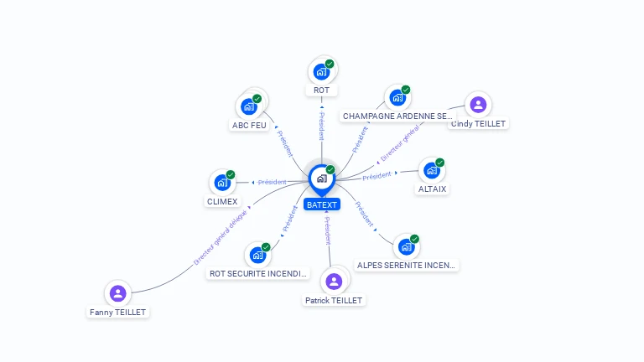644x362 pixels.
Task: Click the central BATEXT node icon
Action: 321,178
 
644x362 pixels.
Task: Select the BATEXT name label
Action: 322,204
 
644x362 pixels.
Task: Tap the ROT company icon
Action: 321,72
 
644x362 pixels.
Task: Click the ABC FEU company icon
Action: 248,106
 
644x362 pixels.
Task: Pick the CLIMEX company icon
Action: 222,183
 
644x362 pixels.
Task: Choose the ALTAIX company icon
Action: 432,170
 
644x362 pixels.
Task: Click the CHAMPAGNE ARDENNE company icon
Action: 397,97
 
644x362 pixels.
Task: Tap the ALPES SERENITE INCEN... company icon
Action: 407,246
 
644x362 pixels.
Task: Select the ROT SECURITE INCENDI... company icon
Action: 257,255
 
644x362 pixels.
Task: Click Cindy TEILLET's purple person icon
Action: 478,105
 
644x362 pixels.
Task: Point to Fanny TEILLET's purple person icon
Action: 118,293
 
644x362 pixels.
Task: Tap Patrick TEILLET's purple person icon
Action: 334,281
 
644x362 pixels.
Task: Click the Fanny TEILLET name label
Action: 118,312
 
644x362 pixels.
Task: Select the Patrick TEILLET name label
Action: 334,300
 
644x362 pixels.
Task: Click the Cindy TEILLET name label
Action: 479,123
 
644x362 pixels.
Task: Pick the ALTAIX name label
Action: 433,189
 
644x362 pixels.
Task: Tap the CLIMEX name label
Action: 222,202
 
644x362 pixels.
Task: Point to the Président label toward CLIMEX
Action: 272,182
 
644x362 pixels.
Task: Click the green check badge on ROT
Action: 330,64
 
